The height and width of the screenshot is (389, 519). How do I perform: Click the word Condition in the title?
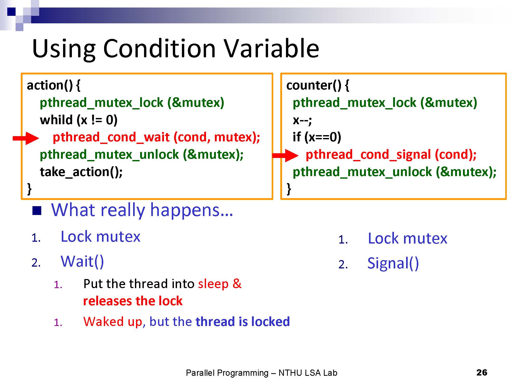pos(159,48)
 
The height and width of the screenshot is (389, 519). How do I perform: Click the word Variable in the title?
pos(271,48)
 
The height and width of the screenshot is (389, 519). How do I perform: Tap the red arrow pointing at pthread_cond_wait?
pos(26,138)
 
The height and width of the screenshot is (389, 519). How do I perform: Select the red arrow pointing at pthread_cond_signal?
pos(285,155)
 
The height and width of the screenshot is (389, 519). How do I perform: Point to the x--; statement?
pos(302,120)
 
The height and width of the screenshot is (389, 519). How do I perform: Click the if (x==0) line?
pos(317,137)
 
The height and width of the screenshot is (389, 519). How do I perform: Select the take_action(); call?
pos(81,172)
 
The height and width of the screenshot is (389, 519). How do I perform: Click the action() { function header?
pos(54,85)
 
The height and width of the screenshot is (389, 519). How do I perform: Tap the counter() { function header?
pos(318,85)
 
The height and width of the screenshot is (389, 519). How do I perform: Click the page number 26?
pos(482,372)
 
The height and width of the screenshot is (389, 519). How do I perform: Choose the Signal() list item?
pos(393,263)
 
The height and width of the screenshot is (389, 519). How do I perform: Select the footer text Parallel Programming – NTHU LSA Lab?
pos(262,373)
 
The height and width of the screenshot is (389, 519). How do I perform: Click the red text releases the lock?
pos(133,301)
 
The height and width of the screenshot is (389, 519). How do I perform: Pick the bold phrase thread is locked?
pos(243,322)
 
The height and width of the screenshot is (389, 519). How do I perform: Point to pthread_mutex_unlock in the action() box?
pos(109,155)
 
